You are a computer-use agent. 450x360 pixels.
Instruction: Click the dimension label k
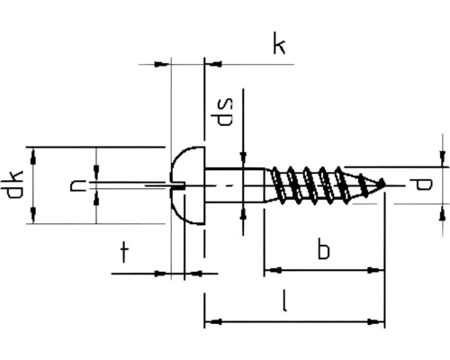tap(280, 45)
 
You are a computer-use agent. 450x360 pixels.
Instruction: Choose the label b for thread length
tap(322, 249)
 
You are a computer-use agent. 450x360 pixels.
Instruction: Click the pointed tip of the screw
tap(384, 184)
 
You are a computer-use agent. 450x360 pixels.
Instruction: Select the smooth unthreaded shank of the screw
tap(234, 184)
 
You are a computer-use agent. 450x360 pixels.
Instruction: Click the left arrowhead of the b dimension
tap(270, 269)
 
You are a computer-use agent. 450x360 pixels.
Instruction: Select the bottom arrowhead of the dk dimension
tap(34, 216)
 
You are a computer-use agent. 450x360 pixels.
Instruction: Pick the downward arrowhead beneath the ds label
tap(244, 159)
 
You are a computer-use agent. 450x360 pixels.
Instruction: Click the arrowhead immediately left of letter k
tap(212, 64)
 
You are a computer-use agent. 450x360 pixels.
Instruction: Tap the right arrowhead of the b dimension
tap(377, 269)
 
